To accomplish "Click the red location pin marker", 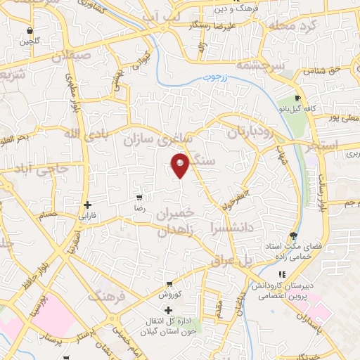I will tap(181, 165).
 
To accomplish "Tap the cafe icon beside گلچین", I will tap(30, 31).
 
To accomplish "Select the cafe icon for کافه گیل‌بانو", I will tap(297, 98).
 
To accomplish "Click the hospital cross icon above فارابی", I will tap(87, 205).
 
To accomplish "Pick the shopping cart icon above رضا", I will tap(139, 198).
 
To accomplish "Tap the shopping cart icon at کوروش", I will tap(160, 283).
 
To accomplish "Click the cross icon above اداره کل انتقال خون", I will tap(168, 309).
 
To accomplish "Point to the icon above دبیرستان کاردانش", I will tap(282, 274).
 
